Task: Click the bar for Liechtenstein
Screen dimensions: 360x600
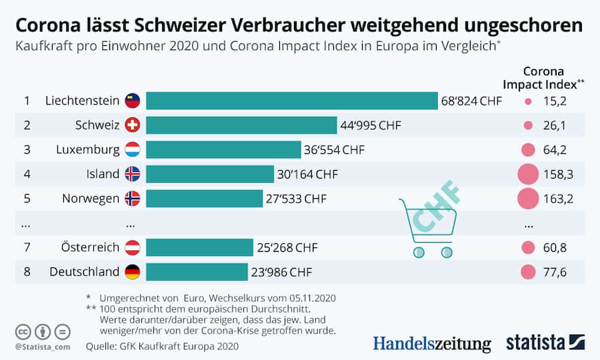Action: (x=291, y=101)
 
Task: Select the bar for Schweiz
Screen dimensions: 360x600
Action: (x=241, y=125)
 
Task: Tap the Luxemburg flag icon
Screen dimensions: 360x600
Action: (x=132, y=149)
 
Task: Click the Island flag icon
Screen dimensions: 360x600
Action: (x=132, y=174)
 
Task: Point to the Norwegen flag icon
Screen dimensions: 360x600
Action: (x=132, y=198)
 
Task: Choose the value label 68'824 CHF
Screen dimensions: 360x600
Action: (x=471, y=101)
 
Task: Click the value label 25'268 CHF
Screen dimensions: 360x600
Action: (x=287, y=248)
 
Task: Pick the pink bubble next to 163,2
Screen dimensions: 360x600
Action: (x=528, y=198)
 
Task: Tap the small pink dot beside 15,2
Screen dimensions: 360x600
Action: (x=528, y=101)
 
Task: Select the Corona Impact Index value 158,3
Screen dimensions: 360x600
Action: (x=559, y=174)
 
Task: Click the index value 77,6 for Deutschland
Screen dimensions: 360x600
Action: (x=555, y=272)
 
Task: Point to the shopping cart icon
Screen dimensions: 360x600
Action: (x=427, y=227)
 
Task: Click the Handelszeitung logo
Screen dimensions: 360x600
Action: (x=431, y=343)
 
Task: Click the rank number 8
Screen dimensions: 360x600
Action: (x=27, y=272)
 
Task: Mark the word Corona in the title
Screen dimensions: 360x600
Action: (x=48, y=25)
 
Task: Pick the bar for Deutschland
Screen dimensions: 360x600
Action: (x=199, y=272)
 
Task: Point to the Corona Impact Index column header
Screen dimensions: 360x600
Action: (x=543, y=77)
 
